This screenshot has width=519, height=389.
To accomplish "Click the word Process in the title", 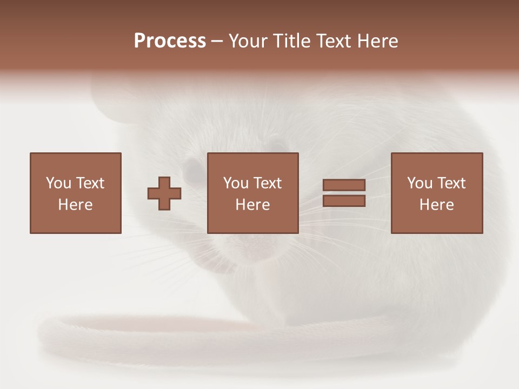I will (x=170, y=41).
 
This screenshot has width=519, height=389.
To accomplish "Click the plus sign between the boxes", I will (x=164, y=193).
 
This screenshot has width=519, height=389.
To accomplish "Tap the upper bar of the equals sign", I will (x=344, y=185).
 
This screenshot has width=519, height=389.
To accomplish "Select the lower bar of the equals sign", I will (x=344, y=201).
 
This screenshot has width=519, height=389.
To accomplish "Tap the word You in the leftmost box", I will (x=58, y=183).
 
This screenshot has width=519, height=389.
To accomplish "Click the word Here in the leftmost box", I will (x=75, y=205).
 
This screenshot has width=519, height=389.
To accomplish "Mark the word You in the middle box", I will (x=235, y=183).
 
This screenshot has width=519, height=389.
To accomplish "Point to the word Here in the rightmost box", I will (x=436, y=205).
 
